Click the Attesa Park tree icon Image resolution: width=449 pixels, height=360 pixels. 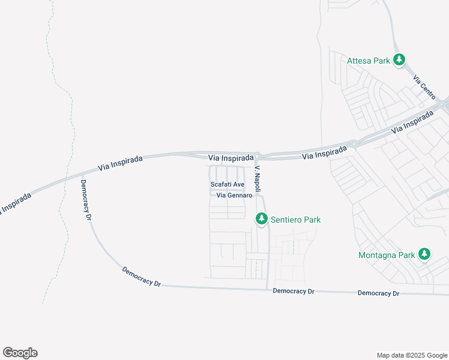399,60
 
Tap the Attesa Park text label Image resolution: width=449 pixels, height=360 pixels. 369,61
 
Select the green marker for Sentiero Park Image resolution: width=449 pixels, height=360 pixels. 261,220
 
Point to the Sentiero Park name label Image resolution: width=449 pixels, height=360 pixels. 295,220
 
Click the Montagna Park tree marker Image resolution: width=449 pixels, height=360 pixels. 424,254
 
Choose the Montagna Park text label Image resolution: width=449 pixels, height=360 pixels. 387,255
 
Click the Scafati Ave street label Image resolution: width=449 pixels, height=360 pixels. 227,184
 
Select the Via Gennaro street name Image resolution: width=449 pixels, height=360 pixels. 234,196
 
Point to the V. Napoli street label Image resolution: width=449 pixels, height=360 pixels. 258,175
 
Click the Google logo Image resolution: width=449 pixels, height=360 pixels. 20,353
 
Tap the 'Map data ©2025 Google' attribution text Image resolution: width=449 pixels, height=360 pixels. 412,355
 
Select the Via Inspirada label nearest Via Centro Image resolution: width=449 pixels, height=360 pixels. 412,122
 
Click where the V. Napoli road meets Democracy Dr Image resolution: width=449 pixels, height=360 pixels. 268,289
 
